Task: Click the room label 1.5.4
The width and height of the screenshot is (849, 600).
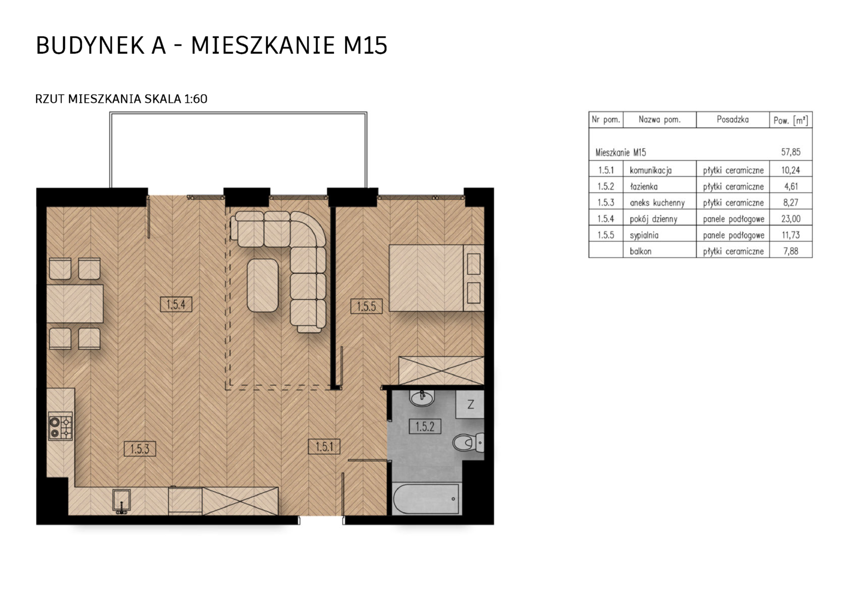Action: click(176, 304)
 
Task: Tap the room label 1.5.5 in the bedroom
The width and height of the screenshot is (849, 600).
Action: click(366, 306)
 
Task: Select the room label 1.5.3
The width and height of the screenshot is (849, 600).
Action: click(140, 449)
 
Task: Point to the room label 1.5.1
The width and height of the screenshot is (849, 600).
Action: click(324, 447)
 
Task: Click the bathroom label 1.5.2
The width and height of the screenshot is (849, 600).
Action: click(425, 427)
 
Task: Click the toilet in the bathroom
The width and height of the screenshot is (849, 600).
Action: click(469, 442)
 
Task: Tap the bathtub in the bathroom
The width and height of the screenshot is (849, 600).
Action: click(426, 499)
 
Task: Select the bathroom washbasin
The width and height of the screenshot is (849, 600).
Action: click(422, 398)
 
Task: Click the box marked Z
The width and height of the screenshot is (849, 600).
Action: click(470, 404)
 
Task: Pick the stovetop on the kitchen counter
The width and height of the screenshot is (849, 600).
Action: click(60, 427)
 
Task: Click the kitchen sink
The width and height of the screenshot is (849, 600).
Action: click(122, 501)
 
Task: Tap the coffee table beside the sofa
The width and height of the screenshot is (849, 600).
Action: click(262, 286)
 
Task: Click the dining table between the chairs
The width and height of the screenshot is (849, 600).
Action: click(74, 303)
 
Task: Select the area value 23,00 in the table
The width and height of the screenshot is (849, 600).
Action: click(791, 219)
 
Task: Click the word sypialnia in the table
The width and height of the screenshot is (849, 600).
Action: click(644, 236)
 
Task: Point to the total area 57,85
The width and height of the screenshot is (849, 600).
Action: click(791, 152)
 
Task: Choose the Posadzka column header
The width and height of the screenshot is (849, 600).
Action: click(732, 120)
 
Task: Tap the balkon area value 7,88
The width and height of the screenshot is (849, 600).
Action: click(791, 251)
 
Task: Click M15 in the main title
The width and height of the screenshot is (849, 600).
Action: click(365, 46)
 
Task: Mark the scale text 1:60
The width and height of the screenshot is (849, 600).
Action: click(196, 99)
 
